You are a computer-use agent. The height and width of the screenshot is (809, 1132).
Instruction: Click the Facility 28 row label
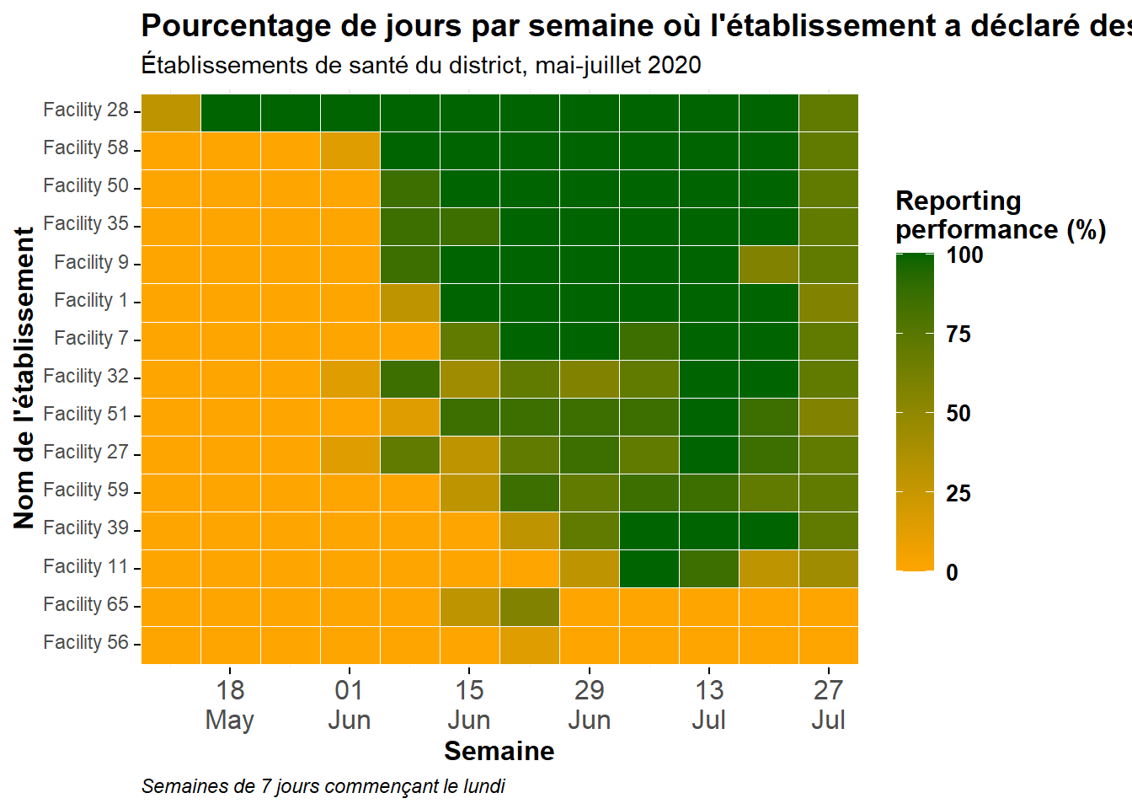coord(86,110)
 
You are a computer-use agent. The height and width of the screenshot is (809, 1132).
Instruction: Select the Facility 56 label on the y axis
coord(86,642)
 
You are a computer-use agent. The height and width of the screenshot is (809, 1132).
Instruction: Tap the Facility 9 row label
coord(92,262)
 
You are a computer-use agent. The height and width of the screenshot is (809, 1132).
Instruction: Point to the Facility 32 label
coord(86,376)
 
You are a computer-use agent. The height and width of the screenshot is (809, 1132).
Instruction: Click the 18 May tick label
coord(230,705)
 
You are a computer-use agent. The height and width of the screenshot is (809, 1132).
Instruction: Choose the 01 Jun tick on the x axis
coord(350,705)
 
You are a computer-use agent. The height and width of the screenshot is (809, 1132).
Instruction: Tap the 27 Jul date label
coord(828,705)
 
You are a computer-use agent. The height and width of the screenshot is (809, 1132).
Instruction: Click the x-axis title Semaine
coord(499,751)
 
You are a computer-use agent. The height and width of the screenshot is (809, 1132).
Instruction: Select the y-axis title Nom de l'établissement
coord(24,378)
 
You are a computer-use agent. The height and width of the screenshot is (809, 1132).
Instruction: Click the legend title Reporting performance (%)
coord(1001,216)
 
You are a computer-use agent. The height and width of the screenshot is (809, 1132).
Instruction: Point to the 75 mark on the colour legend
coord(958,335)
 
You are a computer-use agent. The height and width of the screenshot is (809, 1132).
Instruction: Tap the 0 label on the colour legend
coord(952,573)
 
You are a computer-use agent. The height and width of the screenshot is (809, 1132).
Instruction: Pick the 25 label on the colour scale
coord(958,494)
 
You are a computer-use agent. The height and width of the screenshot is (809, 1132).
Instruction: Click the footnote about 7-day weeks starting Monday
coord(323,787)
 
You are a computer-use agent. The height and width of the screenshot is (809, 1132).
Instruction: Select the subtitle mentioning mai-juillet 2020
coord(421,66)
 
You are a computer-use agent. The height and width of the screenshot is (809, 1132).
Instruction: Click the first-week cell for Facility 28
coord(171,113)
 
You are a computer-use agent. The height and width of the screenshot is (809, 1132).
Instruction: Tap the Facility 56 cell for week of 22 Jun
coord(530,646)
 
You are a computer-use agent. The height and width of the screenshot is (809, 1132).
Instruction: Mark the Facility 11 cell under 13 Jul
coord(709,569)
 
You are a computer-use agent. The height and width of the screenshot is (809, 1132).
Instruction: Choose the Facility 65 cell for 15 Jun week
coord(470,607)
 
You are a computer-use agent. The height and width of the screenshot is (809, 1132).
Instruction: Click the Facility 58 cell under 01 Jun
coord(350,151)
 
